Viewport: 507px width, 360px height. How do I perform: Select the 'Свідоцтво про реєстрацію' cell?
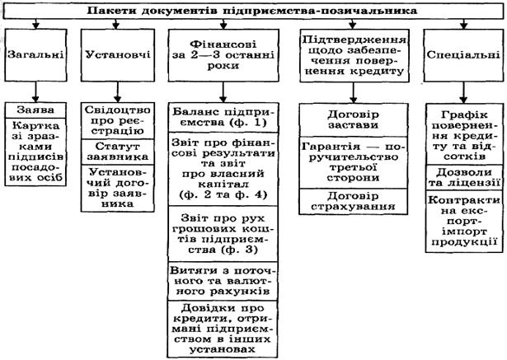[x=115, y=120]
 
